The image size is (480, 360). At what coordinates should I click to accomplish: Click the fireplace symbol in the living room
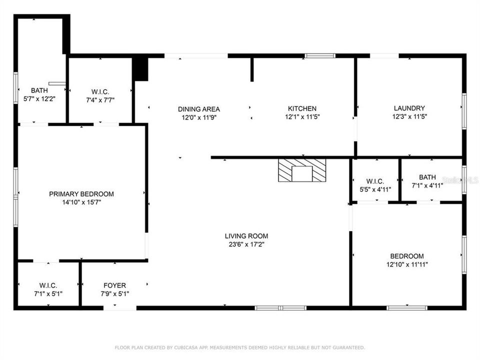pyautogui.click(x=302, y=170)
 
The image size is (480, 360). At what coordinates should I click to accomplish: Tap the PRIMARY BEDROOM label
pyautogui.click(x=81, y=194)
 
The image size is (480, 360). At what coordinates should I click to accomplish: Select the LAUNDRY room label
pyautogui.click(x=409, y=108)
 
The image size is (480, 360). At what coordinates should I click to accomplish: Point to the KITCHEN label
pyautogui.click(x=302, y=108)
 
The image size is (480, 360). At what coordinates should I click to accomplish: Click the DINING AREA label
pyautogui.click(x=199, y=109)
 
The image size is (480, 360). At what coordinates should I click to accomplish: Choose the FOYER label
pyautogui.click(x=114, y=285)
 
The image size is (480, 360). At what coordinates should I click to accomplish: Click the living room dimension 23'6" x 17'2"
pyautogui.click(x=246, y=244)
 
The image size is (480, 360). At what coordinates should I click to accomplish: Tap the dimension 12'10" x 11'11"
pyautogui.click(x=407, y=264)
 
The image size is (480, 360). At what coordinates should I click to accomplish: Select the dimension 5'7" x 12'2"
pyautogui.click(x=39, y=98)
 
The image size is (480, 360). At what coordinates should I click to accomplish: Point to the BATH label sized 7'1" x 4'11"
pyautogui.click(x=427, y=177)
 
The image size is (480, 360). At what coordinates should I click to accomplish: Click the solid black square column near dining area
pyautogui.click(x=141, y=69)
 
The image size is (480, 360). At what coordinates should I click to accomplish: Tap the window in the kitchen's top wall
pyautogui.click(x=320, y=55)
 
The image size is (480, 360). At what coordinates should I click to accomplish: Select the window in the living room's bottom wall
pyautogui.click(x=280, y=307)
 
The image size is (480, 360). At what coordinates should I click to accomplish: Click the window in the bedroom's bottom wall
pyautogui.click(x=407, y=307)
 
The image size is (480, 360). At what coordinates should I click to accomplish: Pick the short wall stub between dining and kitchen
pyautogui.click(x=251, y=69)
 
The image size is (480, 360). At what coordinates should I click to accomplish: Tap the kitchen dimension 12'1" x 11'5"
pyautogui.click(x=302, y=117)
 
